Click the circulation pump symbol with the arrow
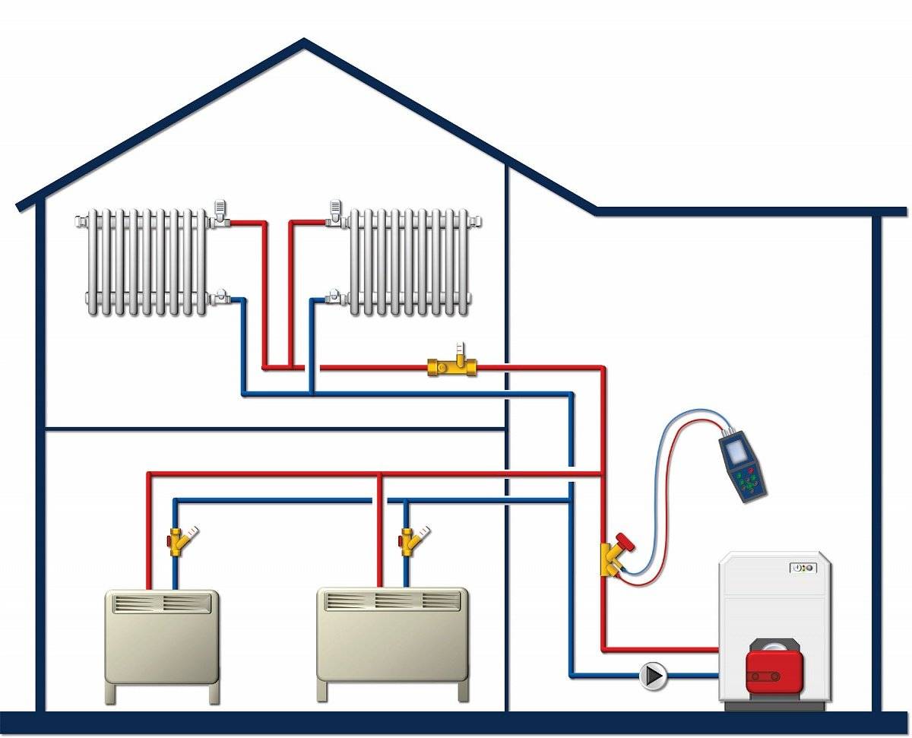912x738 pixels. tap(653, 675)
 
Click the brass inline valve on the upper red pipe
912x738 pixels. tap(453, 368)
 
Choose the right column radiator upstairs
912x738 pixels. tap(409, 261)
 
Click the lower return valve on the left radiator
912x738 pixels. tap(220, 296)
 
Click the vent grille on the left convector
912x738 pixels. tap(161, 603)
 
